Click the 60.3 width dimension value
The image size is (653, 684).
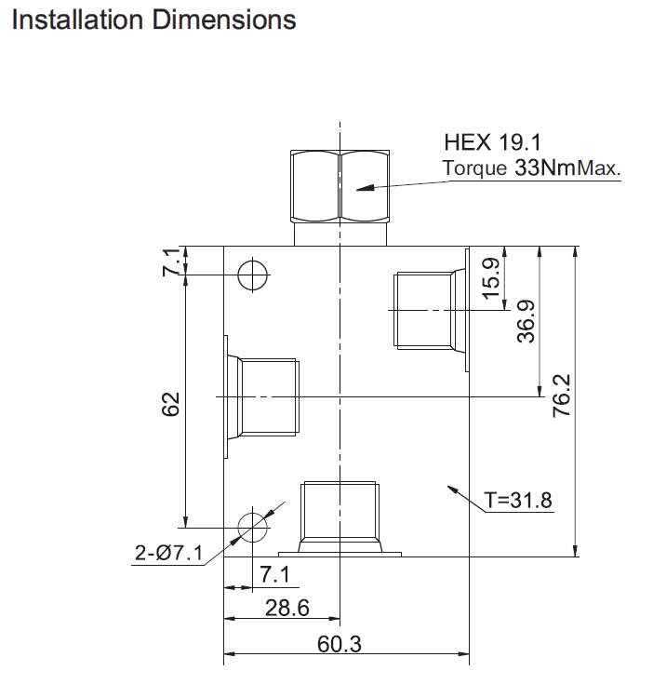[340, 644]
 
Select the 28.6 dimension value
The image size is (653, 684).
[287, 608]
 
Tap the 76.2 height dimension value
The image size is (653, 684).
[562, 396]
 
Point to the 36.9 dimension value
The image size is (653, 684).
[526, 321]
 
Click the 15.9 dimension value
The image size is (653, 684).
[491, 278]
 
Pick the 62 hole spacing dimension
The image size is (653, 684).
[171, 405]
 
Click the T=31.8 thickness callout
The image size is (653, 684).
[518, 500]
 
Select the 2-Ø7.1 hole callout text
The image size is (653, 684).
[168, 553]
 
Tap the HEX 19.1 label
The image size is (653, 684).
[493, 142]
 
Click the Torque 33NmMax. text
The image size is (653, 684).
[531, 168]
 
